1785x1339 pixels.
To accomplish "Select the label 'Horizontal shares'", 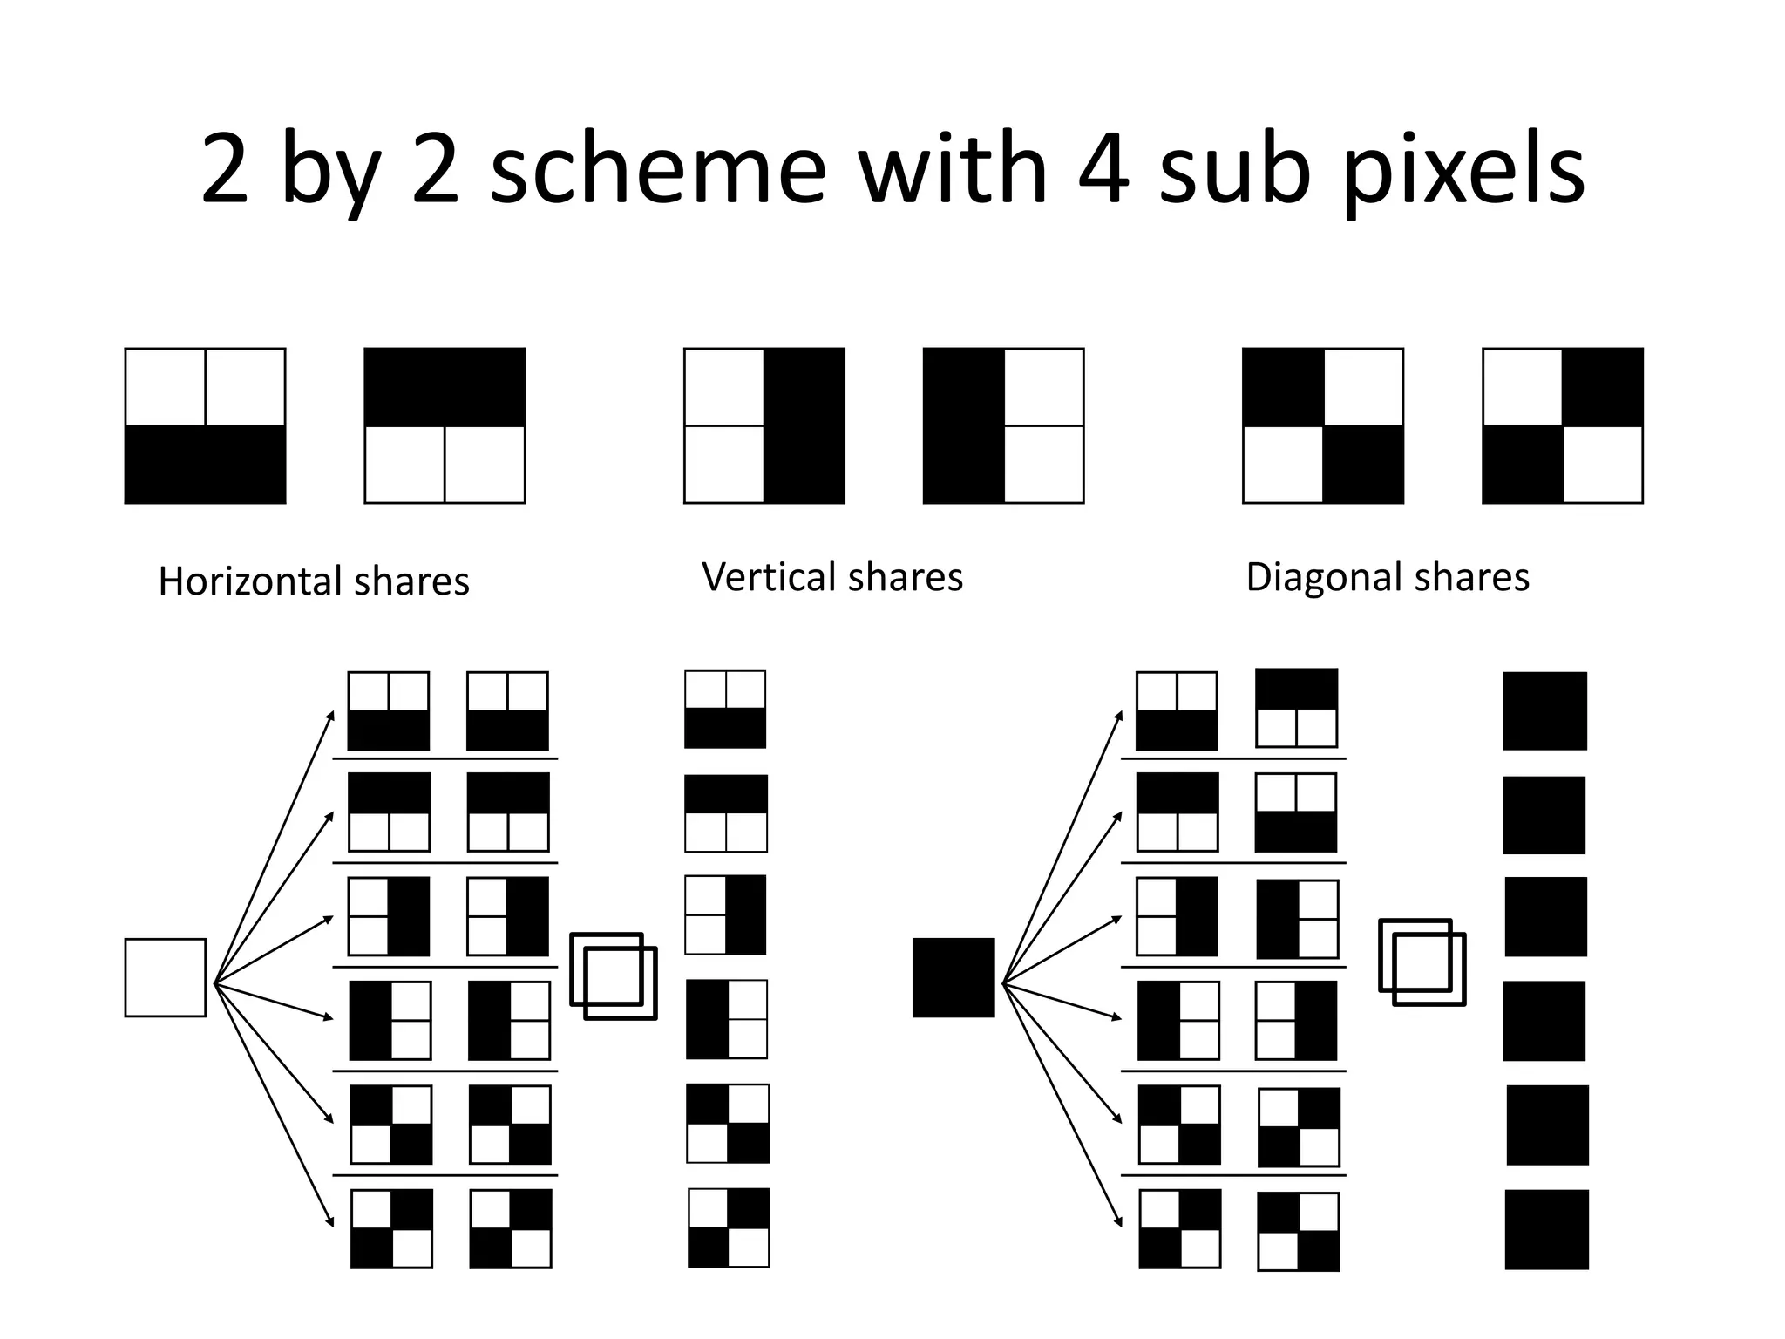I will coord(314,581).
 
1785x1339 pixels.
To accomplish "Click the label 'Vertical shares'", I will coord(832,577).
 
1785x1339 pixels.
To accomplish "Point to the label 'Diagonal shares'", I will coord(1388,577).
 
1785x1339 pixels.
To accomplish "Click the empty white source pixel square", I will coord(166,977).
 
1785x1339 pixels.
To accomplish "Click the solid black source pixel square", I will coord(954,977).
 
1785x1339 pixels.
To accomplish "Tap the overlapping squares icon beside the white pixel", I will coord(614,976).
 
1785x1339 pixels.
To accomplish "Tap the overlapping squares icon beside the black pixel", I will coord(1422,962).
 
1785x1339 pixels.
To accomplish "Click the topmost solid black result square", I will coord(1544,710).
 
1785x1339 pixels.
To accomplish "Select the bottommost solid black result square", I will coord(1546,1229).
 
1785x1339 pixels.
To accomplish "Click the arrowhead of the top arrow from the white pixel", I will coord(331,715).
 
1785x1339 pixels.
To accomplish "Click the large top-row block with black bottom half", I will coord(206,426).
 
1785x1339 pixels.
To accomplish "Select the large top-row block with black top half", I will coord(445,426).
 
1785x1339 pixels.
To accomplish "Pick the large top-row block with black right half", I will coord(764,426).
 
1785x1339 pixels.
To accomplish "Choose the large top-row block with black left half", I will coord(1003,426).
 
